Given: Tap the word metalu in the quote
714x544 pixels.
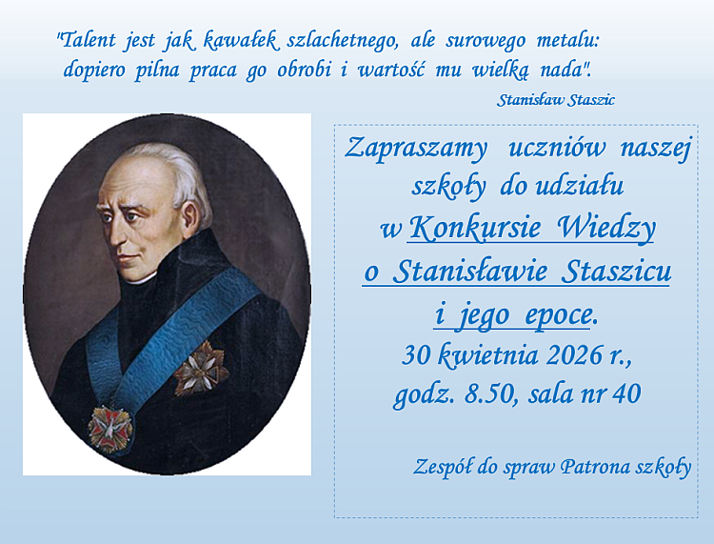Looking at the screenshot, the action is coord(566,40).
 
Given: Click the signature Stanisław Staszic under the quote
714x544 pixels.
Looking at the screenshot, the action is coord(556,100).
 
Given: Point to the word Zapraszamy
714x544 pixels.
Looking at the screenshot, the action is coord(416,149).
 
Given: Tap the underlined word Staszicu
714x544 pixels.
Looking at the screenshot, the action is coord(616,272).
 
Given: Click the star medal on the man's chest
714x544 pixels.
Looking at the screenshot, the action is coord(201,367).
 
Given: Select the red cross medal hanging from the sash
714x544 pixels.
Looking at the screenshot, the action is coord(110,429).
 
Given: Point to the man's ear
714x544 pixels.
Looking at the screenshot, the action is coord(190,218).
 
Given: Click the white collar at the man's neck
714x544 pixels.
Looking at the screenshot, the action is coord(139,279).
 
